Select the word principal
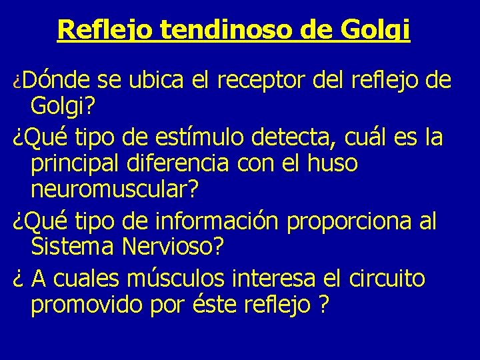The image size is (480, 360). (72, 164)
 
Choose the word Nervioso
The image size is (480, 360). (170, 247)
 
